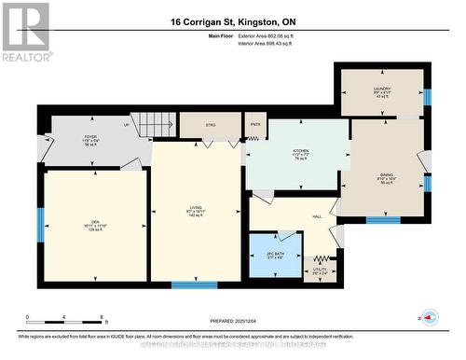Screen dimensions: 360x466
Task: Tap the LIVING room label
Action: point(196,210)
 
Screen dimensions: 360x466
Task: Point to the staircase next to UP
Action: point(153,124)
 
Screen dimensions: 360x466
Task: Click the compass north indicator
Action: point(430,317)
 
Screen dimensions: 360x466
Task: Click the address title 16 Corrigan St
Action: point(232,21)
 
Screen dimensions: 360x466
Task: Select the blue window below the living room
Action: point(194,284)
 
